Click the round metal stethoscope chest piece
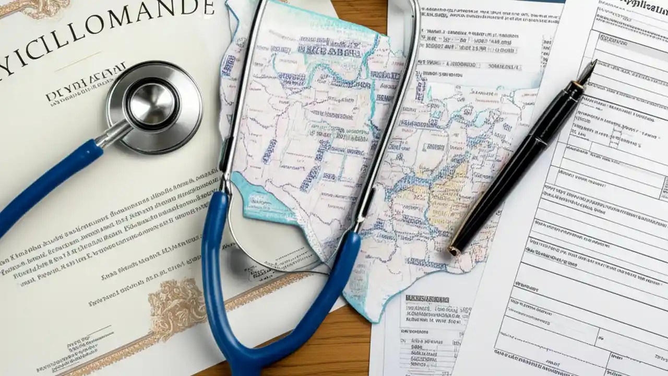pos(154,107)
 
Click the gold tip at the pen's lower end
pos(455,250)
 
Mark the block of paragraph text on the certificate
pos(104,230)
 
